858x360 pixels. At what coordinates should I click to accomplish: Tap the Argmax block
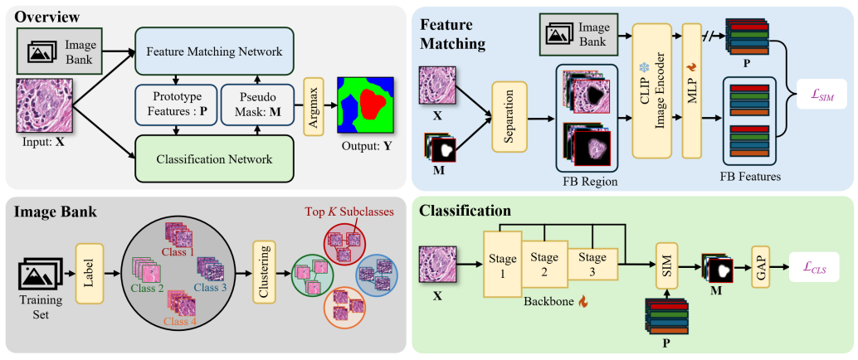tap(314, 105)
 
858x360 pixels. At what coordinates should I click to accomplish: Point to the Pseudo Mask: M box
tap(258, 105)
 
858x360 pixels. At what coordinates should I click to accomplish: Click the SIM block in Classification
tap(667, 266)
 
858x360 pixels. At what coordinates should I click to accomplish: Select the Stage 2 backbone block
tap(544, 264)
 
